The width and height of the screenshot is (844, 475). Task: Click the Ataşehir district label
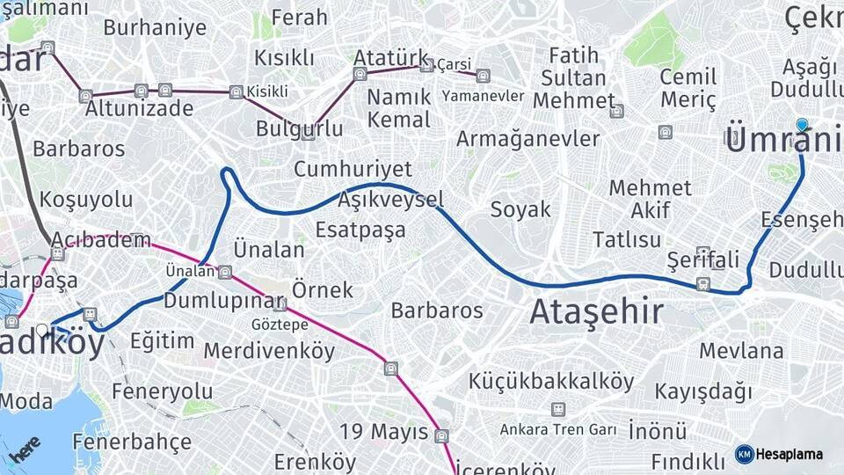point(597,311)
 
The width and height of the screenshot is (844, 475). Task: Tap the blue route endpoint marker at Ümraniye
point(802,125)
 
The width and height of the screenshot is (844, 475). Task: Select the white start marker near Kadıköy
point(41,331)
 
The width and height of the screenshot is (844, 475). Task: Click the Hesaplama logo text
point(789,454)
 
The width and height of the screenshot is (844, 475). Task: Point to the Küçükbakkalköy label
point(551,381)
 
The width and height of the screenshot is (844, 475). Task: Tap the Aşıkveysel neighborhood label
point(390,200)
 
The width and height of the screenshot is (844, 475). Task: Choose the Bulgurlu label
point(299,128)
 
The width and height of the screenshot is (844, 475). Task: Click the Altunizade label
point(139,108)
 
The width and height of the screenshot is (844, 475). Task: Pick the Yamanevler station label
point(483,95)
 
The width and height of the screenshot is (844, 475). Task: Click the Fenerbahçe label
point(131,441)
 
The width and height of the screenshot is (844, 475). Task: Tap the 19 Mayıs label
point(384,432)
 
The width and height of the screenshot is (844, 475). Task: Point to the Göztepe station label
point(280,324)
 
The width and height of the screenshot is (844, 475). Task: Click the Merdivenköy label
point(269,351)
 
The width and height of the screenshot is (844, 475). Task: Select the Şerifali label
point(702,260)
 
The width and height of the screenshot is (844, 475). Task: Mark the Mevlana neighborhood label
point(741,350)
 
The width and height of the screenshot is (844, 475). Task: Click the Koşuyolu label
point(86,199)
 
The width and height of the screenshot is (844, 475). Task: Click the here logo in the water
point(26,448)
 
